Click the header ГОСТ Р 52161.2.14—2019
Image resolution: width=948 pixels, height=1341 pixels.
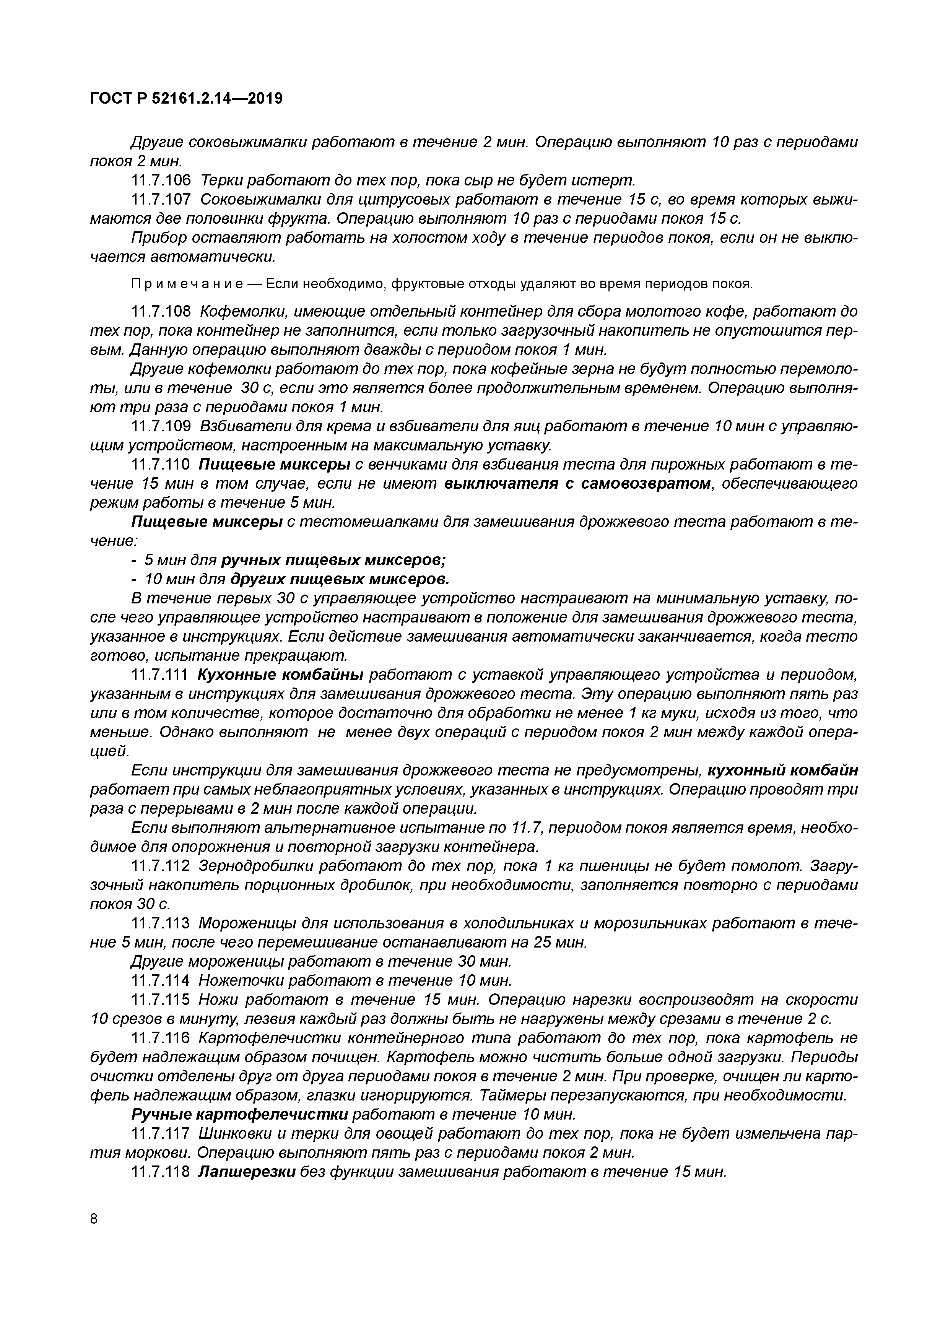[186, 99]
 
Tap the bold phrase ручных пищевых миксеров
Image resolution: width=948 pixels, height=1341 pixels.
[333, 561]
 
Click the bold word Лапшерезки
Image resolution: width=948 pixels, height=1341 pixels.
[247, 1172]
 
